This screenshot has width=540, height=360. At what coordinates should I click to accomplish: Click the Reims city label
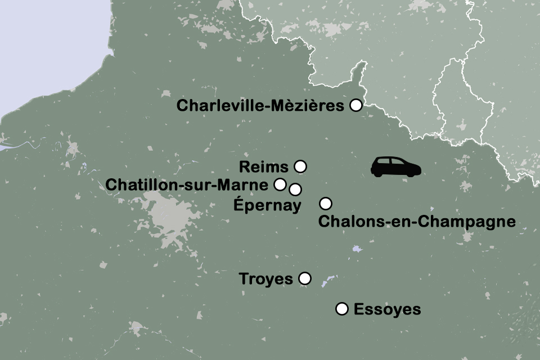pos(263,167)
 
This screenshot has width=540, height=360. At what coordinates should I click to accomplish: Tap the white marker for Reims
pos(300,166)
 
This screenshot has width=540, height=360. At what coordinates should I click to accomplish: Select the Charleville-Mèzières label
pos(260,106)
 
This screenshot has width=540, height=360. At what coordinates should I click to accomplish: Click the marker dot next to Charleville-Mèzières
pos(355,105)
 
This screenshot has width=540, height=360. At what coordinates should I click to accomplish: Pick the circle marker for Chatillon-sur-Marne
pos(279,184)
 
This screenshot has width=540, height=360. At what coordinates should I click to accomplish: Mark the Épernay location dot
pos(295,188)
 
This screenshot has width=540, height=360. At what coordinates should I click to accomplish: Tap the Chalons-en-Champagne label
pos(417,221)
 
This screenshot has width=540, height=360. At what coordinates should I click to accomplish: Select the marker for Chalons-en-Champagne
pos(325,203)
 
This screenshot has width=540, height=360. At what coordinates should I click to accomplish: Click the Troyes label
pos(266,279)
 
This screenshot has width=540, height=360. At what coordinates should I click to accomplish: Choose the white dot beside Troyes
pos(304,278)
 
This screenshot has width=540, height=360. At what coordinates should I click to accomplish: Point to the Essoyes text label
pos(387,309)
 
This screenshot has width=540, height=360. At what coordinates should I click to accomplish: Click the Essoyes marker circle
pos(341,308)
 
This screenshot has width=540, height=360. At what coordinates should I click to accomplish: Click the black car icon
pos(396,166)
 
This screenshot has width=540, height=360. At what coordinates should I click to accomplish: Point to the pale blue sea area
pos(45,45)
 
